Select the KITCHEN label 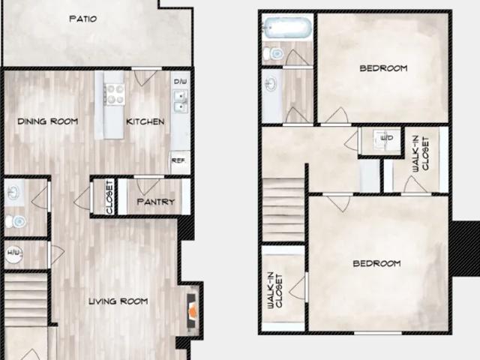(x=145, y=121)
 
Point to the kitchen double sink (x=180, y=100)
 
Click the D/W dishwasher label (x=180, y=81)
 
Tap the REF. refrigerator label (x=179, y=159)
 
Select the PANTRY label (x=156, y=202)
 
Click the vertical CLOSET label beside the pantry (x=109, y=197)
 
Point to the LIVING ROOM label (x=118, y=301)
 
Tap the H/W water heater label (x=14, y=252)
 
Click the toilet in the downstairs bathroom (x=16, y=220)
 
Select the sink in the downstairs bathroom (x=14, y=193)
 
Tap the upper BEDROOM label (x=383, y=68)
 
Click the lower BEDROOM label (x=376, y=264)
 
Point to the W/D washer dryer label (x=388, y=138)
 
